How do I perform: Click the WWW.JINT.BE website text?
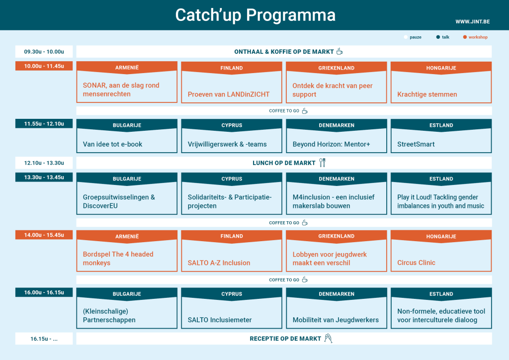472,22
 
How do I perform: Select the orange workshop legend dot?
465,37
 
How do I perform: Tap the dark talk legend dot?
438,37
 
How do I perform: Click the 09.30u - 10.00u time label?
44,52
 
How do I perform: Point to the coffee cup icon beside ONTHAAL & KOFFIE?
339,51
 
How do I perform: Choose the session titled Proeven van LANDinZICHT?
229,94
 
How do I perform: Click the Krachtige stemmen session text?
427,94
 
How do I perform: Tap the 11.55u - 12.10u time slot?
44,124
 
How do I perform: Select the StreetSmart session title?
416,144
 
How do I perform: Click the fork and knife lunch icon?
322,163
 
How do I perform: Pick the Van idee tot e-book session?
112,144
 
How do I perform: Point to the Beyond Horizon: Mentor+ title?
331,144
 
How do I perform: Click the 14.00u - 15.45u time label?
44,235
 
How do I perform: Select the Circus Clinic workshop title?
416,263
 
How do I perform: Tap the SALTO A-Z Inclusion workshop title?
219,263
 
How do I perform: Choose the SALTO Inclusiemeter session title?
219,320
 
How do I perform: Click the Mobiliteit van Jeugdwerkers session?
336,320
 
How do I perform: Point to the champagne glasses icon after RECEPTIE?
328,338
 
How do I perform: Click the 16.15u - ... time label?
44,339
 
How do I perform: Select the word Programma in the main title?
290,15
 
